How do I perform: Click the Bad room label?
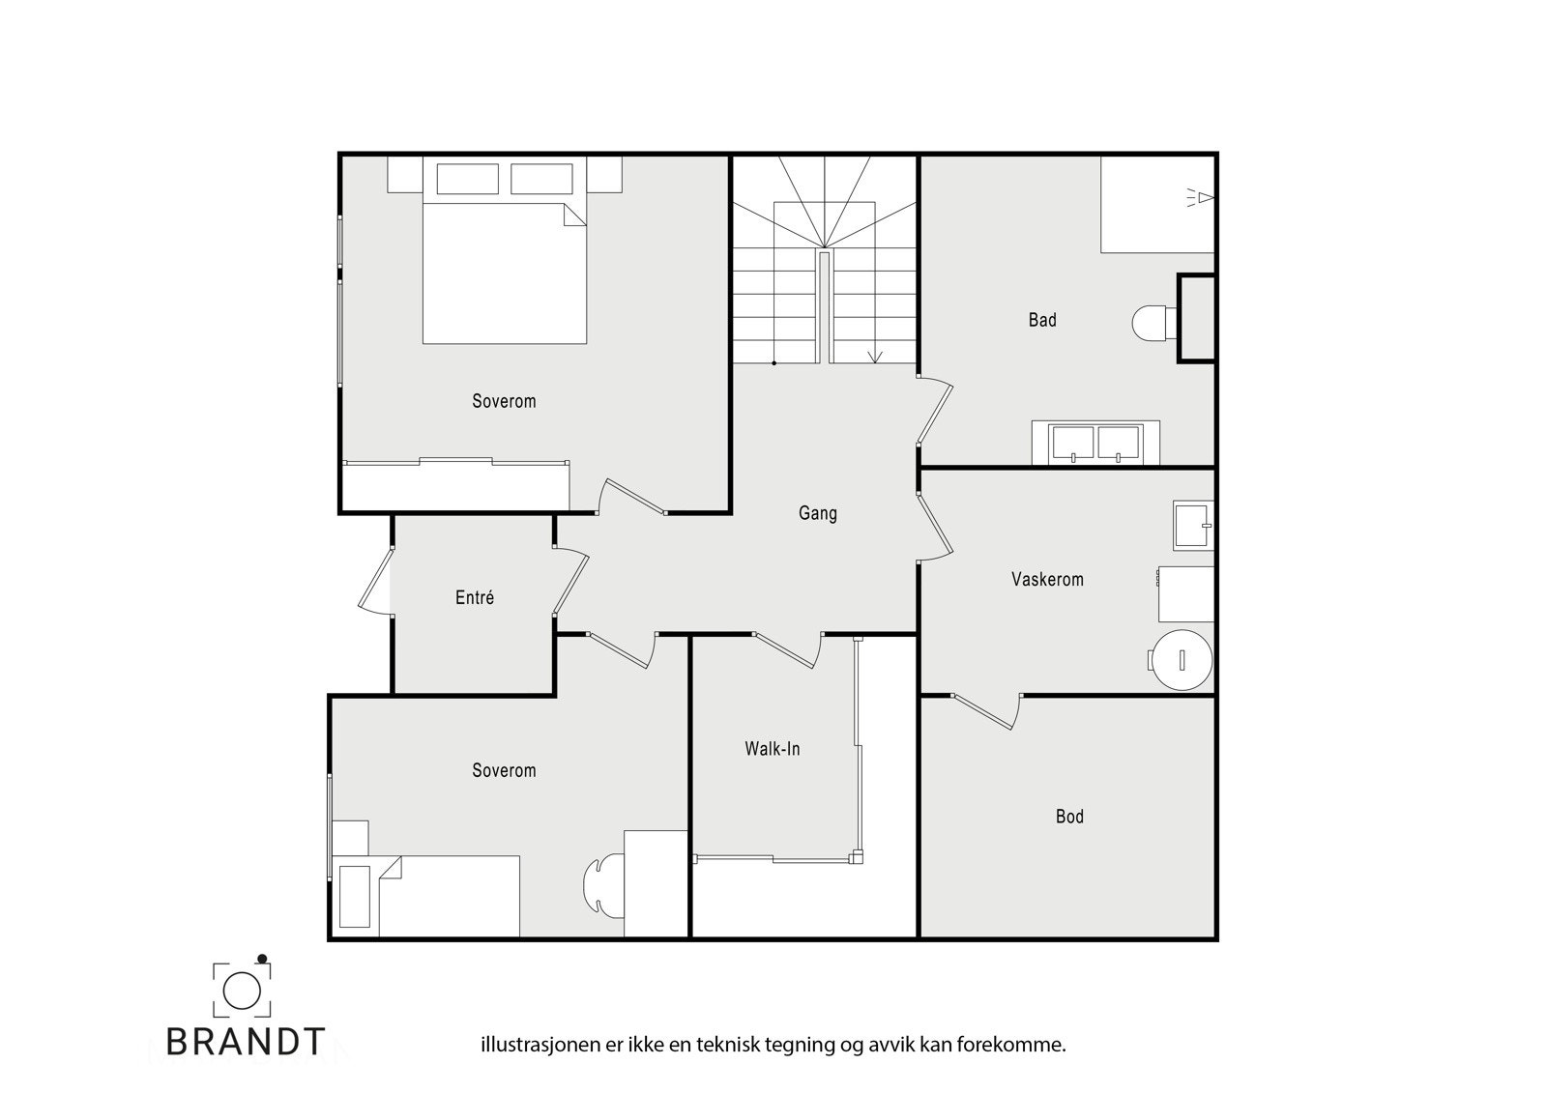(x=1041, y=320)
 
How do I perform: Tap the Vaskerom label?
(x=1047, y=580)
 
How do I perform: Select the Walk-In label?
(x=772, y=749)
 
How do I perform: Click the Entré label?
(x=475, y=598)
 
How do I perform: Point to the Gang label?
(x=817, y=513)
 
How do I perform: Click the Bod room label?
(x=1069, y=817)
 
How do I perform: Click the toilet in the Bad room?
(x=1151, y=322)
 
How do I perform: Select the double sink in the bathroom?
(x=1095, y=444)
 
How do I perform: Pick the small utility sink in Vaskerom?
(x=1192, y=525)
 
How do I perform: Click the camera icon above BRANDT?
(x=241, y=988)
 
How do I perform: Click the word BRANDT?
(x=246, y=1042)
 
